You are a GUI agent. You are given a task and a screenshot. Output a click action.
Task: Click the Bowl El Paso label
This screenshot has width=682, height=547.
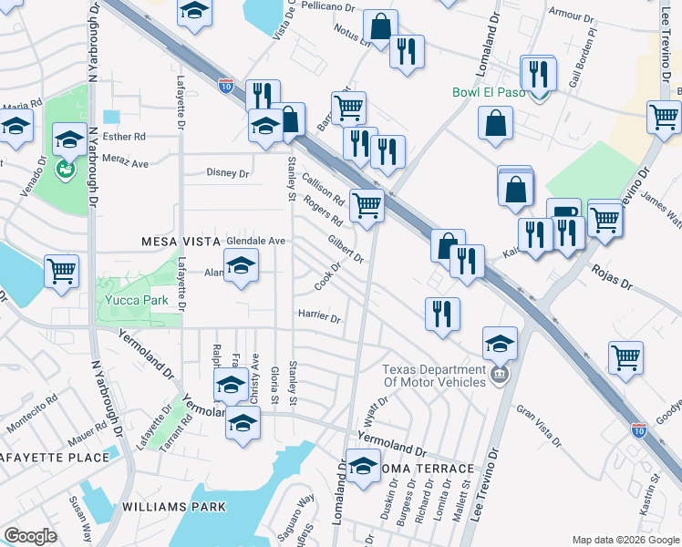491,93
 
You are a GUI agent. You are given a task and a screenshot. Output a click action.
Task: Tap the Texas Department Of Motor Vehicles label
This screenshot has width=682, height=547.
433,376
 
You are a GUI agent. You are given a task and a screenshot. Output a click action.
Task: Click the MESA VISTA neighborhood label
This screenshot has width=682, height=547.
181,241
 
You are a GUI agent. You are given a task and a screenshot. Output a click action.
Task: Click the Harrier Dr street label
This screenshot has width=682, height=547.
319,319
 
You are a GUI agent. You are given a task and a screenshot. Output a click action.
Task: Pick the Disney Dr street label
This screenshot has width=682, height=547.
228,172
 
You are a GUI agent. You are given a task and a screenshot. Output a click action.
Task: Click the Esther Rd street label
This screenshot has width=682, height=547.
124,137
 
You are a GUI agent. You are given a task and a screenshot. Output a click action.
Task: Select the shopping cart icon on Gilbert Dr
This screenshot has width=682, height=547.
367,204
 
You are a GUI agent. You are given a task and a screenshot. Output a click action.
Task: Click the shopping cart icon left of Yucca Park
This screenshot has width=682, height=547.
61,269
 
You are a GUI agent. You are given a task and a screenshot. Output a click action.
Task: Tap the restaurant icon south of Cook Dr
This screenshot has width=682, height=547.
442,314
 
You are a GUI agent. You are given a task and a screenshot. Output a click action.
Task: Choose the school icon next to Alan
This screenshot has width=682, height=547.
240,265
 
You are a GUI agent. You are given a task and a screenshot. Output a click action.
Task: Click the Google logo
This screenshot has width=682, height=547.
30,537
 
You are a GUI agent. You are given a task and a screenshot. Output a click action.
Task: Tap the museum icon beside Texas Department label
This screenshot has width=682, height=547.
498,374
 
